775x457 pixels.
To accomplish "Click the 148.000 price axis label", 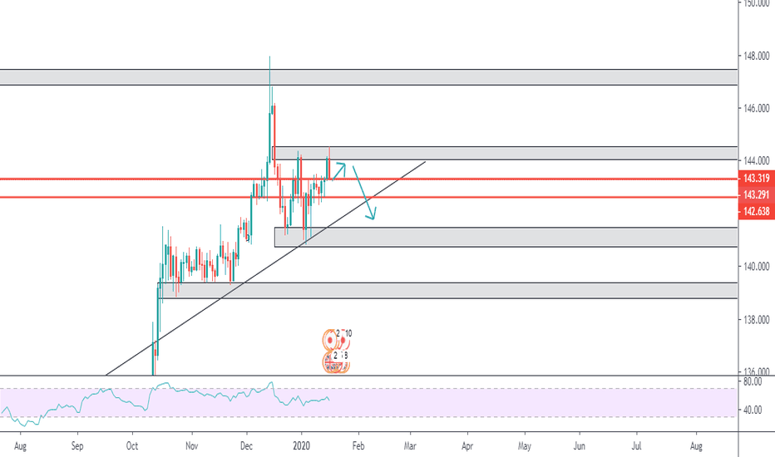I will [x=756, y=57].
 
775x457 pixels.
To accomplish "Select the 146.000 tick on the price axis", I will [x=756, y=109].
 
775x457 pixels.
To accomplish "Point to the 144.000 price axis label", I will [x=756, y=161].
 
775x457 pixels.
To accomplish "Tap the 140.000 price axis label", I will [x=756, y=267].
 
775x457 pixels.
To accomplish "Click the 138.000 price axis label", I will [x=756, y=320].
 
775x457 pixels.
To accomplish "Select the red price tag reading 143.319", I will [x=756, y=179].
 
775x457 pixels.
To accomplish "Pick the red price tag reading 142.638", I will [x=756, y=213].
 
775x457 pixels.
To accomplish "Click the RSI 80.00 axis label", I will [x=753, y=382].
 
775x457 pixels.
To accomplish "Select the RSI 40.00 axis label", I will [x=753, y=410].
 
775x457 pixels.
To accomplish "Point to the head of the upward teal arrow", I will [x=344, y=165].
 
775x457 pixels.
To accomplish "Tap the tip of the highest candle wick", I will [x=269, y=57].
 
